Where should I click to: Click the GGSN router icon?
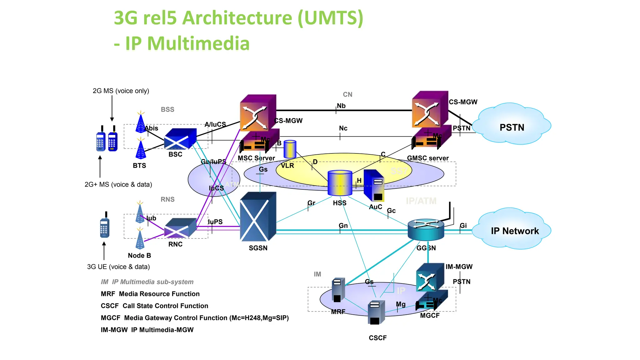(x=426, y=229)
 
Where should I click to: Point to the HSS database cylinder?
(x=340, y=183)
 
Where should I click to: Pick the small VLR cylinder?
(x=290, y=149)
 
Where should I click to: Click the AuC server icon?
(x=374, y=186)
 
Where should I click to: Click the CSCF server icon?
(x=376, y=312)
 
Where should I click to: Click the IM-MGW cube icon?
(x=430, y=277)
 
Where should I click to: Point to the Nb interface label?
(x=341, y=106)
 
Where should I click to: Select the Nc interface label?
(x=343, y=128)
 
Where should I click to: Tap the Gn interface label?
(x=343, y=225)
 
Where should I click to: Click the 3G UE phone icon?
(x=105, y=226)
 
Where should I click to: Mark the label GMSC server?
(x=427, y=158)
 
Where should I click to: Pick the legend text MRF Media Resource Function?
(x=150, y=294)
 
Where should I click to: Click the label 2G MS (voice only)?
(x=121, y=91)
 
